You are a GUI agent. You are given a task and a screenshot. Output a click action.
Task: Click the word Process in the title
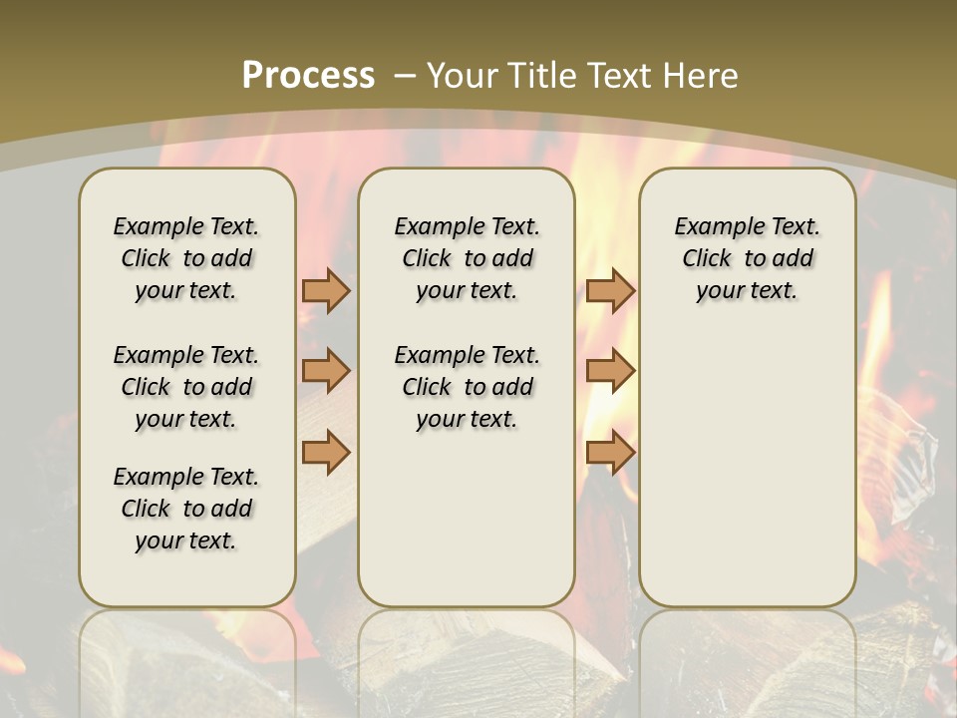pos(308,75)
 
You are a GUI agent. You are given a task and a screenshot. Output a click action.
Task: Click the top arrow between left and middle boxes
pos(326,290)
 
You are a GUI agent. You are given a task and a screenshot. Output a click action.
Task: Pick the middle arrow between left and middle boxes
pos(326,371)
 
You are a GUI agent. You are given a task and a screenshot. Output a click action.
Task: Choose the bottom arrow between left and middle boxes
pos(326,452)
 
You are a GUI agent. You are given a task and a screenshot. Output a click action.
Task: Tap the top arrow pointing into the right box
pos(610,290)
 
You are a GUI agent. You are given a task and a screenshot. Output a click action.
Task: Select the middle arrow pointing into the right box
pos(610,371)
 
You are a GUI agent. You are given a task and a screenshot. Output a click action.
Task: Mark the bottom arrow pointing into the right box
pos(610,452)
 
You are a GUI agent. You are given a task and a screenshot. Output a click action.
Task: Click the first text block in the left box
pos(186,258)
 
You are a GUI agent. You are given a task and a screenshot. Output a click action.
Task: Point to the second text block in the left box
pos(186,387)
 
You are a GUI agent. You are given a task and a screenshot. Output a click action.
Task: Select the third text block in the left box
pos(186,509)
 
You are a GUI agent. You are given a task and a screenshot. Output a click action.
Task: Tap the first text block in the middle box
pos(467,258)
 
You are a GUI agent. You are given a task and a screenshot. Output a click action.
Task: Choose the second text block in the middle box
pos(467,387)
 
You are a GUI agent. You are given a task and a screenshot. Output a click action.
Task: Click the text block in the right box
pos(747,258)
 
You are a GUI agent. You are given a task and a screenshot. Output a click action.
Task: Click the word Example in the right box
pos(710,226)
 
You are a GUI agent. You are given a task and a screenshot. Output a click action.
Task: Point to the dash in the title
pos(405,75)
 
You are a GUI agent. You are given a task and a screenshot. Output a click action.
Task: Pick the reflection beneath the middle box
pos(467,658)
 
